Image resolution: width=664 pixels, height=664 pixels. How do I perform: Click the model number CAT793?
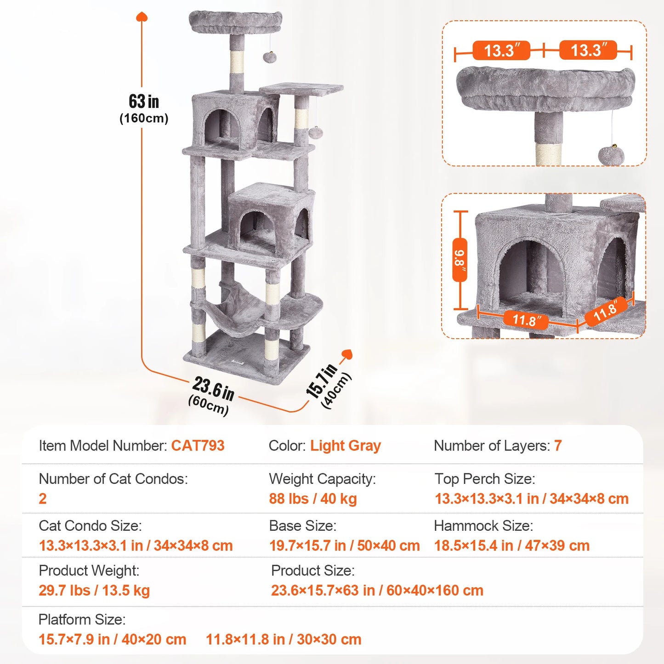click(x=198, y=446)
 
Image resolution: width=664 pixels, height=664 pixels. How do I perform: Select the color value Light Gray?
click(x=345, y=446)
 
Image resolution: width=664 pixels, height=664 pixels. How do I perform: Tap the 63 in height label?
click(x=144, y=101)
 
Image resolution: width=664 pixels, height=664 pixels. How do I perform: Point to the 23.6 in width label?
click(x=213, y=389)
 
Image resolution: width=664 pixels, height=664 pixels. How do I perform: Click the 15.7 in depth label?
click(x=321, y=381)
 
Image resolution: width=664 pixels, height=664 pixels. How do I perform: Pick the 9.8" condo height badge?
click(x=460, y=260)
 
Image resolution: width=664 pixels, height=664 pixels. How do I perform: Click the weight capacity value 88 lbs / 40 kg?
click(x=313, y=499)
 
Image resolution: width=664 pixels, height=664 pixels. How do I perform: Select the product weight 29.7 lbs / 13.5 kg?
click(x=94, y=590)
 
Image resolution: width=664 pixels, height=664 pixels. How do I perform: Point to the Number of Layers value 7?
click(x=557, y=446)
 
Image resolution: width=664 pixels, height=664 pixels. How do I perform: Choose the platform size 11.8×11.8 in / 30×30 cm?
click(x=283, y=639)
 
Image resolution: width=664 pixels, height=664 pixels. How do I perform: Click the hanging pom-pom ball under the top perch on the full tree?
click(x=269, y=57)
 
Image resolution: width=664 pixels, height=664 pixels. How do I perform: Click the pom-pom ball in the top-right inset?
click(x=611, y=155)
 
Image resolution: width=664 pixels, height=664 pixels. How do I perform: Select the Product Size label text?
click(x=312, y=571)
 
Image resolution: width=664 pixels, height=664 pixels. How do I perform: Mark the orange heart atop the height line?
click(x=142, y=17)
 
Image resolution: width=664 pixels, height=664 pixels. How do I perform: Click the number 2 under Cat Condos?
click(x=43, y=499)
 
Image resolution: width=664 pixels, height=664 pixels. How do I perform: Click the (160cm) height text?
click(x=144, y=119)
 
